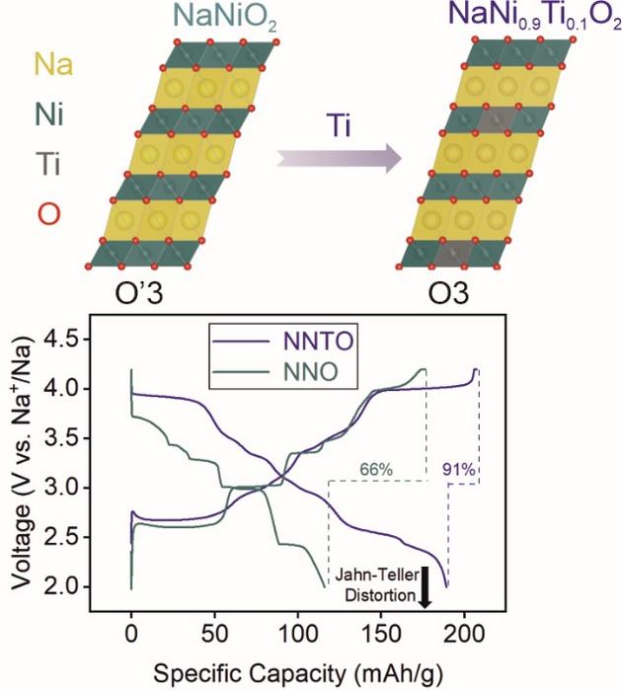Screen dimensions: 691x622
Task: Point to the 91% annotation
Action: [x=460, y=470]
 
